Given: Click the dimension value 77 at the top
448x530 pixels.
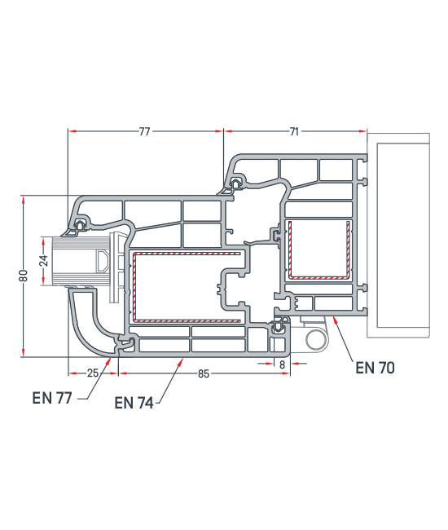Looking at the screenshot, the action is [144, 131].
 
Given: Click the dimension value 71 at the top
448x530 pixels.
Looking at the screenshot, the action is [294, 131].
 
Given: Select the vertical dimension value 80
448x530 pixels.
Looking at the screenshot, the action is [24, 276].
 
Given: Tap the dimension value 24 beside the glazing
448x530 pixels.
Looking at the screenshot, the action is [43, 261].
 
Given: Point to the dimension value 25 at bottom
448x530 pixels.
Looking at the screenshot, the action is [93, 373].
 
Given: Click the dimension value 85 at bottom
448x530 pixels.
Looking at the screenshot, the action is [204, 373].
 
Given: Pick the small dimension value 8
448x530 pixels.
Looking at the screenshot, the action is [282, 364].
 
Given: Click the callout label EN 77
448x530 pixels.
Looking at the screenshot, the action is [52, 398].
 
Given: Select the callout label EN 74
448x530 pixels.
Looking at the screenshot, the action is [134, 403].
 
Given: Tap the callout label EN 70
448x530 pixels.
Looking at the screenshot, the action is [375, 368].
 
